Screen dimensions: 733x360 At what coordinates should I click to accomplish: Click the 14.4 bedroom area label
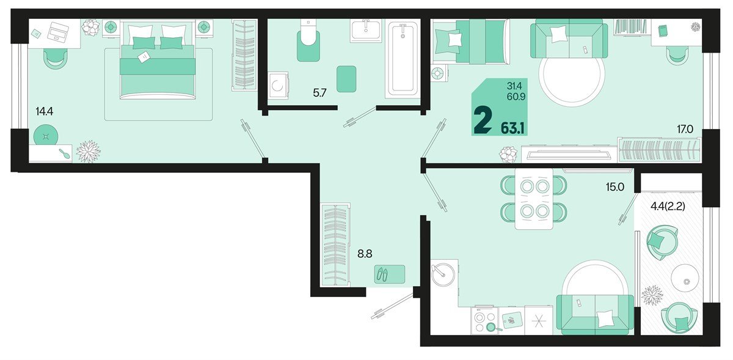point(44,112)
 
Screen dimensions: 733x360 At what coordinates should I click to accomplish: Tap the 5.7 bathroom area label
point(319,93)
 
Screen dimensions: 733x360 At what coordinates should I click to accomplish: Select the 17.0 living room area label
point(685,130)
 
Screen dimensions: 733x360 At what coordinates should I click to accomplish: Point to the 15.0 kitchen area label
point(615,187)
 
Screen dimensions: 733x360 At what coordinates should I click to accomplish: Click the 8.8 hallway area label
point(365,254)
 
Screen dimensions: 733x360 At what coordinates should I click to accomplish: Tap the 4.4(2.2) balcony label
point(668,207)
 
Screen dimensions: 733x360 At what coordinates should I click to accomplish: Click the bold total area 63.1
point(512,129)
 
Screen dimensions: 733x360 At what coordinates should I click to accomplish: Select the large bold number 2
point(483,120)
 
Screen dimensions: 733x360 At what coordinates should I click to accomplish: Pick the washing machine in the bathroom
point(278,85)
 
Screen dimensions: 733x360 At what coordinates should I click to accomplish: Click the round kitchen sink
point(443,274)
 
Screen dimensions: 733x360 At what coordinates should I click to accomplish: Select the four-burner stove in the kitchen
point(484,321)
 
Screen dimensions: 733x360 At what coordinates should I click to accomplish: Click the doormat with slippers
point(390,274)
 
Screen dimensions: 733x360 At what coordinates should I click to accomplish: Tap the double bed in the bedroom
point(158,60)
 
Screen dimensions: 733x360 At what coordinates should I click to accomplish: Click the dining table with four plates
point(534,199)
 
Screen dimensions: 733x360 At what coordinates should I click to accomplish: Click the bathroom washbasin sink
point(366,31)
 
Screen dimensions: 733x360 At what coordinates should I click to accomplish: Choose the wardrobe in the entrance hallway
point(335,244)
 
